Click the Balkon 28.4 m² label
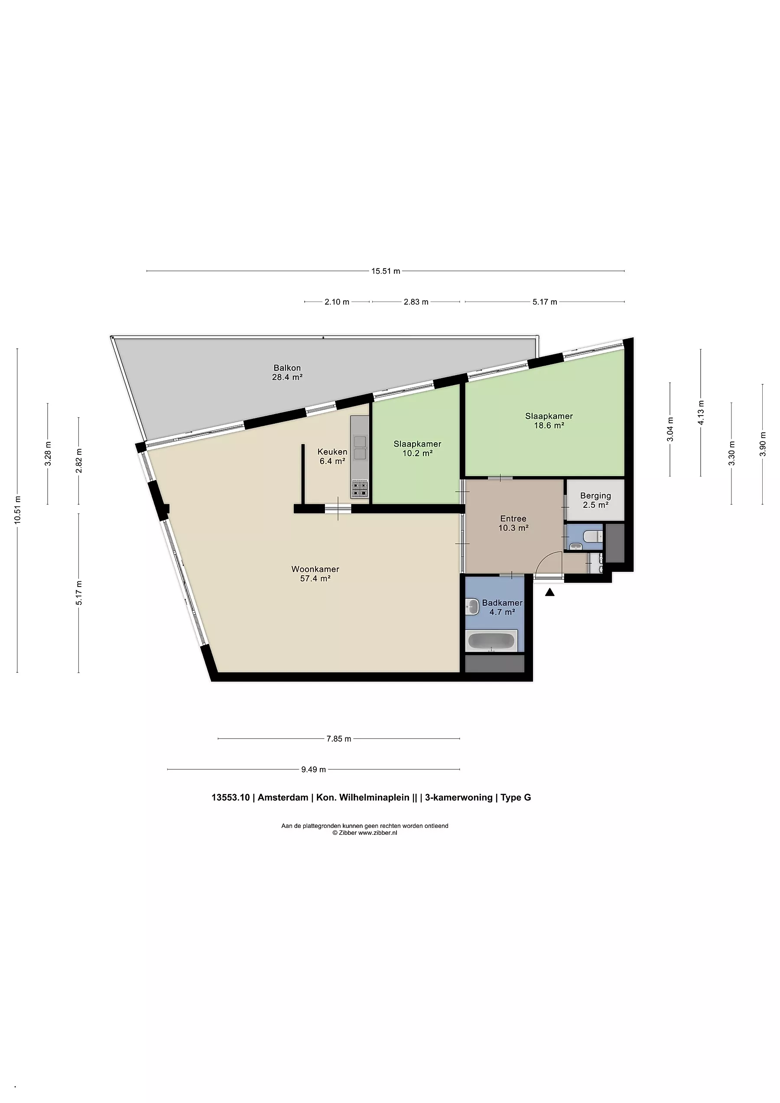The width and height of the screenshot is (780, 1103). tap(287, 372)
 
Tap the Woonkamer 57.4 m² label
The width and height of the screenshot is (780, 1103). tap(315, 574)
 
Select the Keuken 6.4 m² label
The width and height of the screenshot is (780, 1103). tap(332, 456)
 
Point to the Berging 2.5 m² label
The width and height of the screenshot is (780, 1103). tap(595, 500)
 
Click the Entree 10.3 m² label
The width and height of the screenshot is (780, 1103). tap(513, 523)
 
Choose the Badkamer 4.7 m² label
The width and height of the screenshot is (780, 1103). tap(502, 607)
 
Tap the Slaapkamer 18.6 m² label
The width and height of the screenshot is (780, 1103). tap(549, 420)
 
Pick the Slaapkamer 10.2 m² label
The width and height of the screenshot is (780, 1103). tap(417, 448)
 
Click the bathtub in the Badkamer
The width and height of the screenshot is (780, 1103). tap(491, 641)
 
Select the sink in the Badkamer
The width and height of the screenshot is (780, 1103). tap(472, 607)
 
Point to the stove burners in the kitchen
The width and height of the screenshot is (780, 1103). tap(360, 488)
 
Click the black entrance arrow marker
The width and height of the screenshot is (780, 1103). tap(550, 592)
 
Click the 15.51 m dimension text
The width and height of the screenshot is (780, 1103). tap(385, 271)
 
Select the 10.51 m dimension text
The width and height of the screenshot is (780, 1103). tap(17, 510)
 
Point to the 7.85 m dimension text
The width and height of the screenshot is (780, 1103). tap(339, 738)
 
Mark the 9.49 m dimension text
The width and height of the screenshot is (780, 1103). tap(313, 769)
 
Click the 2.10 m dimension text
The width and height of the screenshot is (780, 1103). tap(337, 302)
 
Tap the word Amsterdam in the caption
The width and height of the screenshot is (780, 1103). tap(283, 798)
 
